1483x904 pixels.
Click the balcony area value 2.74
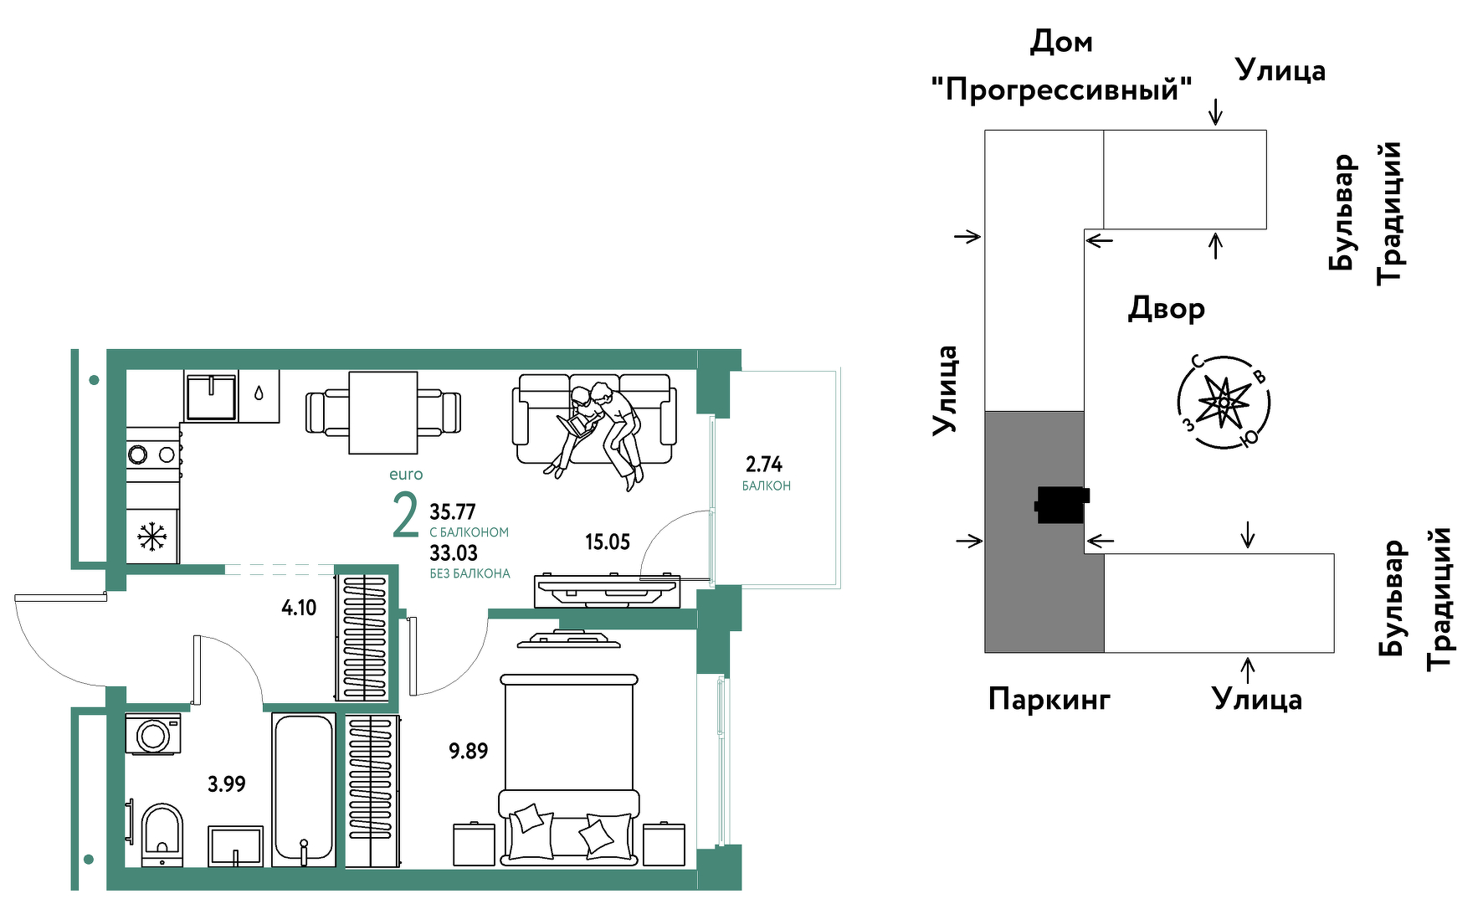click(763, 464)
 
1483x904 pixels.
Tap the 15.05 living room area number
click(607, 542)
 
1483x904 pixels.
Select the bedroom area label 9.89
click(468, 751)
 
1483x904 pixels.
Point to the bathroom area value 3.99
click(226, 784)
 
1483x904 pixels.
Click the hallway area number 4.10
click(299, 608)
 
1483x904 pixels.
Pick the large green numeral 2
click(405, 516)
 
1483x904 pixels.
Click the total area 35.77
click(453, 511)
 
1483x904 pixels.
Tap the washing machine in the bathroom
click(153, 734)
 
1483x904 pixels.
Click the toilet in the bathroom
click(162, 833)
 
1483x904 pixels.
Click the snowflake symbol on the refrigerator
click(151, 537)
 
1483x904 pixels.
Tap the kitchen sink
click(211, 397)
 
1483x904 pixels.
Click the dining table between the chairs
click(382, 413)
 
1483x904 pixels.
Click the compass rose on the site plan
click(1224, 403)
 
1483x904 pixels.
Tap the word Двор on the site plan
click(1166, 308)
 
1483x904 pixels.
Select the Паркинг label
click(1049, 698)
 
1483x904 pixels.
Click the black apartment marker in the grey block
click(1061, 505)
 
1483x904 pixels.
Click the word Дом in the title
click(1060, 41)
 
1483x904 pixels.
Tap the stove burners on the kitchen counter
click(152, 455)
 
